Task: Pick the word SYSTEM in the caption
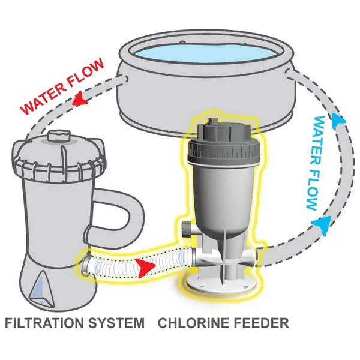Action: [119, 323]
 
